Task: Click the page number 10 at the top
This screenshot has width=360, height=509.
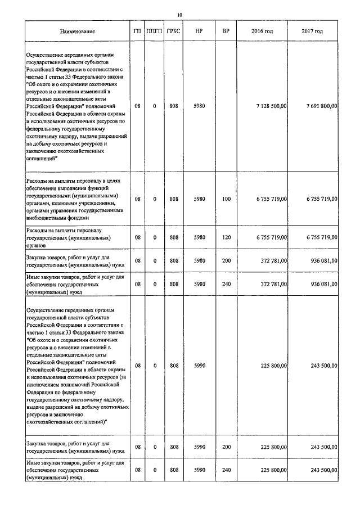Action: (179, 15)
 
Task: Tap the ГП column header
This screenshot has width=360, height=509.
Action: (137, 31)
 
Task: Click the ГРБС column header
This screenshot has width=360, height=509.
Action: (173, 31)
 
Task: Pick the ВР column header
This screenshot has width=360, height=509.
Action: (226, 31)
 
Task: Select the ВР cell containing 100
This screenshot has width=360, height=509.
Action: (226, 199)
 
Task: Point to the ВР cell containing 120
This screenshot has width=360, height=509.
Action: (226, 237)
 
